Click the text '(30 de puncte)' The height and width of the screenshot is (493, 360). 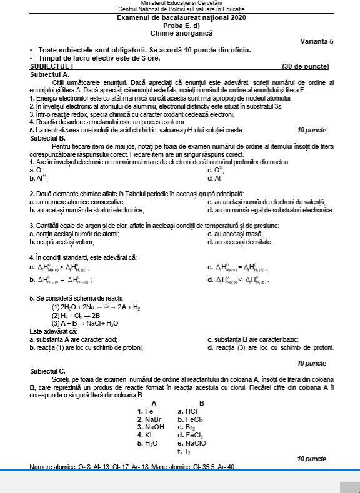(x=305, y=66)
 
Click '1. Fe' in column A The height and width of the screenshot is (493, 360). (x=145, y=411)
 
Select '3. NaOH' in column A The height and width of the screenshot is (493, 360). (x=151, y=427)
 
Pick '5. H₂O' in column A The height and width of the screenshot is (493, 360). (x=147, y=442)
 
